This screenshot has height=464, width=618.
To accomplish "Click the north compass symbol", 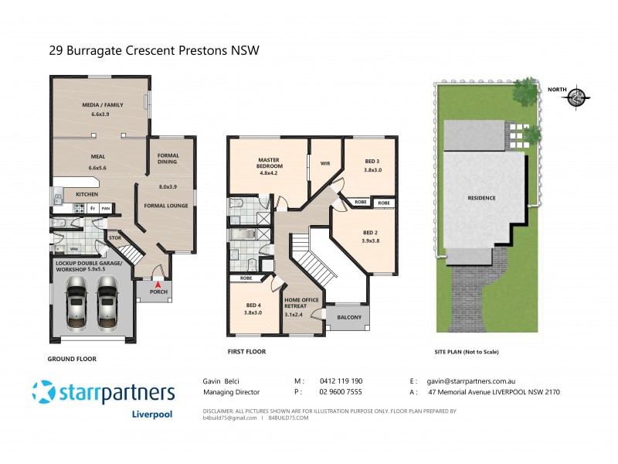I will (576, 97).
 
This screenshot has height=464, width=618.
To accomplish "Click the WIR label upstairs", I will (325, 163).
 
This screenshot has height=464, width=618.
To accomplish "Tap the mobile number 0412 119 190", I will (341, 381).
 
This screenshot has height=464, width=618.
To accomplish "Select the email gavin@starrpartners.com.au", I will (474, 381).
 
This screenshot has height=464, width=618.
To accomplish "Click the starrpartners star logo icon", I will (44, 392).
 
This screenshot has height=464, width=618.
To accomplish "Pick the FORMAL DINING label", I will (168, 159).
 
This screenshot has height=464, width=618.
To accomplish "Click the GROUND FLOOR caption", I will (72, 359).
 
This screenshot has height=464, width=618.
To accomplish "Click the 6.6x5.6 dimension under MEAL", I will (100, 167).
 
